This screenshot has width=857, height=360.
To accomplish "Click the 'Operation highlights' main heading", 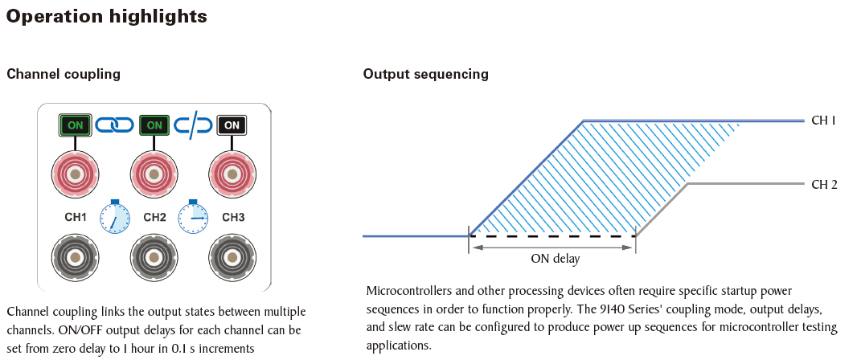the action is [x=107, y=16].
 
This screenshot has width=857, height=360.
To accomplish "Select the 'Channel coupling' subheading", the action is [x=64, y=74].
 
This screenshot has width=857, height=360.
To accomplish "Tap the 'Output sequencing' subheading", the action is [x=426, y=74].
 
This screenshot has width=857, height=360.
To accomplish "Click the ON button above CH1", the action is [x=76, y=125].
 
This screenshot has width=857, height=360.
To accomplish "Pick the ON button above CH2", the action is [x=154, y=125].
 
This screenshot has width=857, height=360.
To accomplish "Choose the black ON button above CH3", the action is [x=232, y=125].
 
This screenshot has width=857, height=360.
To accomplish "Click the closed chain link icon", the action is [x=115, y=125].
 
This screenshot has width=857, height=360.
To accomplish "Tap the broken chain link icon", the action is [x=194, y=125].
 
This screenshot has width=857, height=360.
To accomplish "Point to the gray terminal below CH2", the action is [x=154, y=258].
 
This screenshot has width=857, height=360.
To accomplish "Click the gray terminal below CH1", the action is [x=76, y=258].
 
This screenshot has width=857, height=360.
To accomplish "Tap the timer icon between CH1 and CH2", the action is [x=115, y=217].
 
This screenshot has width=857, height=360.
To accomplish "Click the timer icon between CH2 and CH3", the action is [x=194, y=217].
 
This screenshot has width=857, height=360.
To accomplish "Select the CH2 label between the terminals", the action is [x=154, y=218].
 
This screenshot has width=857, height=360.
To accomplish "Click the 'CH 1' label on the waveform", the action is [x=824, y=121].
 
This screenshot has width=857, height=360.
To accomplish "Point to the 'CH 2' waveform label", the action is [x=824, y=185].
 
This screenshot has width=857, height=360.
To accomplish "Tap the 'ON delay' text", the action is [x=555, y=259].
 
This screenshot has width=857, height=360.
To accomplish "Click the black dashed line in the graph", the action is [x=552, y=236].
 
